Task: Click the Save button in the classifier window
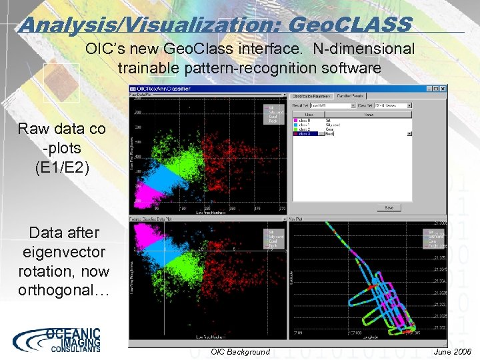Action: pyautogui.click(x=389, y=207)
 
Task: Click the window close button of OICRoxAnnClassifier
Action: pyautogui.click(x=443, y=89)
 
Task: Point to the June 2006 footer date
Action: pyautogui.click(x=451, y=351)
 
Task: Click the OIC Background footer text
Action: pyautogui.click(x=240, y=351)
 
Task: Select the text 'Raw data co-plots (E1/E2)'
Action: pyautogui.click(x=61, y=147)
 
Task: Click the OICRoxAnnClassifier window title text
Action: pyautogui.click(x=164, y=89)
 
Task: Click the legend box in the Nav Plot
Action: pyautogui.click(x=434, y=236)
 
